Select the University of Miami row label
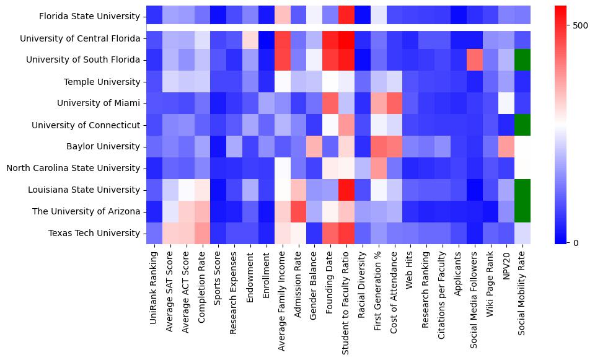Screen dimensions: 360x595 [x=102, y=103]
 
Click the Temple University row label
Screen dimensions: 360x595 [x=102, y=82]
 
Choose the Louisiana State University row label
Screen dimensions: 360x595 [x=89, y=190]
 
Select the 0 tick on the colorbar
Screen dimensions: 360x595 [x=576, y=242]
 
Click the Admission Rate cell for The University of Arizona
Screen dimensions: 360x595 [x=299, y=212]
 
